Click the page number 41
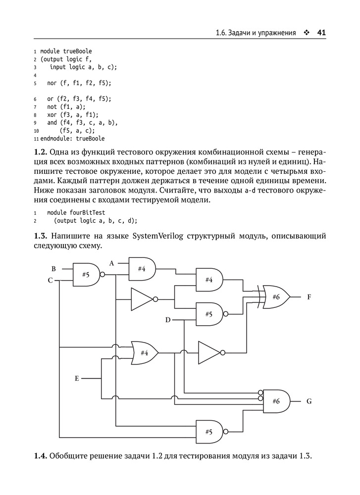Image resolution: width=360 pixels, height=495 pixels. coord(321,32)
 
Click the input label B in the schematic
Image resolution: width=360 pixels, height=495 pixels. coord(53,269)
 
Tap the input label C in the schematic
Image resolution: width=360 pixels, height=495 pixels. coord(50,280)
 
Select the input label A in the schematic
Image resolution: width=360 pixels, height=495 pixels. coord(111,263)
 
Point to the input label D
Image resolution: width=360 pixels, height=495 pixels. coord(168,320)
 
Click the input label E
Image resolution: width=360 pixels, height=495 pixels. coord(77,378)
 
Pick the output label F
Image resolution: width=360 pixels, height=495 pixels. coord(309,297)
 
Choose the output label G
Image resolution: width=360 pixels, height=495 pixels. coord(309,401)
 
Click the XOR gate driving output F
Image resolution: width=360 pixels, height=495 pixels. coord(276,297)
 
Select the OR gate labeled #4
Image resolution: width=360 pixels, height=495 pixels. coord(145,352)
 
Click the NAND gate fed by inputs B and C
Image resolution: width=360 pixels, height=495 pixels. coord(86,274)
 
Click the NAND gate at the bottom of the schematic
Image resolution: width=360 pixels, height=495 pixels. coord(209,432)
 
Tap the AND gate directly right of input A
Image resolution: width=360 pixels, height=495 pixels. coord(142,269)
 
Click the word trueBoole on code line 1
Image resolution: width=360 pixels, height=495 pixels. coord(77,51)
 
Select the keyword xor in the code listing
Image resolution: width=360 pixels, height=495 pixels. coord(52,115)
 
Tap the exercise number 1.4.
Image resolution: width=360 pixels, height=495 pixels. coord(41,456)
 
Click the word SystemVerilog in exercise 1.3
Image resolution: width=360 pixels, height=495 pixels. coord(158,237)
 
